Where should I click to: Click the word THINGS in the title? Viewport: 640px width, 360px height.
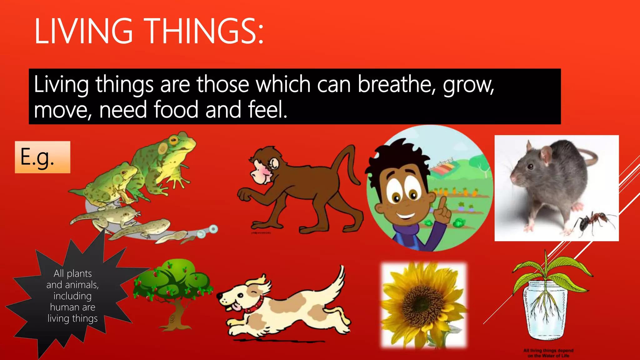click(x=205, y=31)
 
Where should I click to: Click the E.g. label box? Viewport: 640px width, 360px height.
click(x=42, y=157)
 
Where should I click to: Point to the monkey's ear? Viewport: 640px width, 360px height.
click(x=274, y=163)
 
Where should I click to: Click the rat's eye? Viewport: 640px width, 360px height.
click(x=530, y=166)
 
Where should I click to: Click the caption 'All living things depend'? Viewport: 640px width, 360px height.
click(x=548, y=351)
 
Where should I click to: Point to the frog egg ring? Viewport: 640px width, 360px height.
click(x=213, y=229)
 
